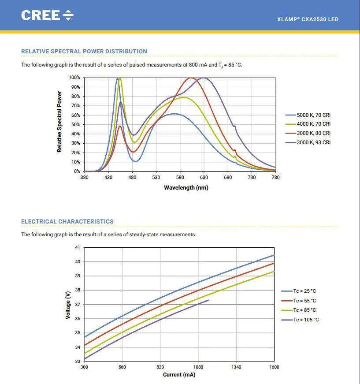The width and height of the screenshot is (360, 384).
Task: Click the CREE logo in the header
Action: (47, 15)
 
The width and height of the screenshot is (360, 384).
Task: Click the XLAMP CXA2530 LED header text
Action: (308, 19)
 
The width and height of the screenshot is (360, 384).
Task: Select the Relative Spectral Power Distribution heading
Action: (84, 51)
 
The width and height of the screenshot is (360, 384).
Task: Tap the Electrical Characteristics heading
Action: (67, 221)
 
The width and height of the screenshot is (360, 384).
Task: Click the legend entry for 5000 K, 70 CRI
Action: (308, 115)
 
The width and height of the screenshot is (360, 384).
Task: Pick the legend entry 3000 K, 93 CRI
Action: (308, 142)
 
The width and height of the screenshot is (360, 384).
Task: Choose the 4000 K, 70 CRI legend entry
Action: (308, 124)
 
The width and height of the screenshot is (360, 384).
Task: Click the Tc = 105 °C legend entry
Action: (300, 320)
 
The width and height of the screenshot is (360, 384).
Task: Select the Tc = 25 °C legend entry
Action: (299, 291)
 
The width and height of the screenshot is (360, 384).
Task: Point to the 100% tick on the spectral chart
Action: (74, 78)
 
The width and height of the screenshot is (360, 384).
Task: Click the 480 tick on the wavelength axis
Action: (132, 177)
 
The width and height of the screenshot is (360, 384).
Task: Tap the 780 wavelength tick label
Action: (275, 177)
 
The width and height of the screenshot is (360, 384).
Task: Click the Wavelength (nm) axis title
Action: (186, 188)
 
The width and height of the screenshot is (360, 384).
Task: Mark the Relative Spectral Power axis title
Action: (59, 122)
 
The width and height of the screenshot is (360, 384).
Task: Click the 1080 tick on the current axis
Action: (198, 367)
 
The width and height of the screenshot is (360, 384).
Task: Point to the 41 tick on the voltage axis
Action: (78, 247)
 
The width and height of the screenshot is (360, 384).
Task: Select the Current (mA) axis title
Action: (179, 375)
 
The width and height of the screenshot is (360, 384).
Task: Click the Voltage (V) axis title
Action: (68, 305)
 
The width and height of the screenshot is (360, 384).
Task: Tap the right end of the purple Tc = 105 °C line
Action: (209, 300)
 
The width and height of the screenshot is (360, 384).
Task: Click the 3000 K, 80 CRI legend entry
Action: (308, 133)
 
